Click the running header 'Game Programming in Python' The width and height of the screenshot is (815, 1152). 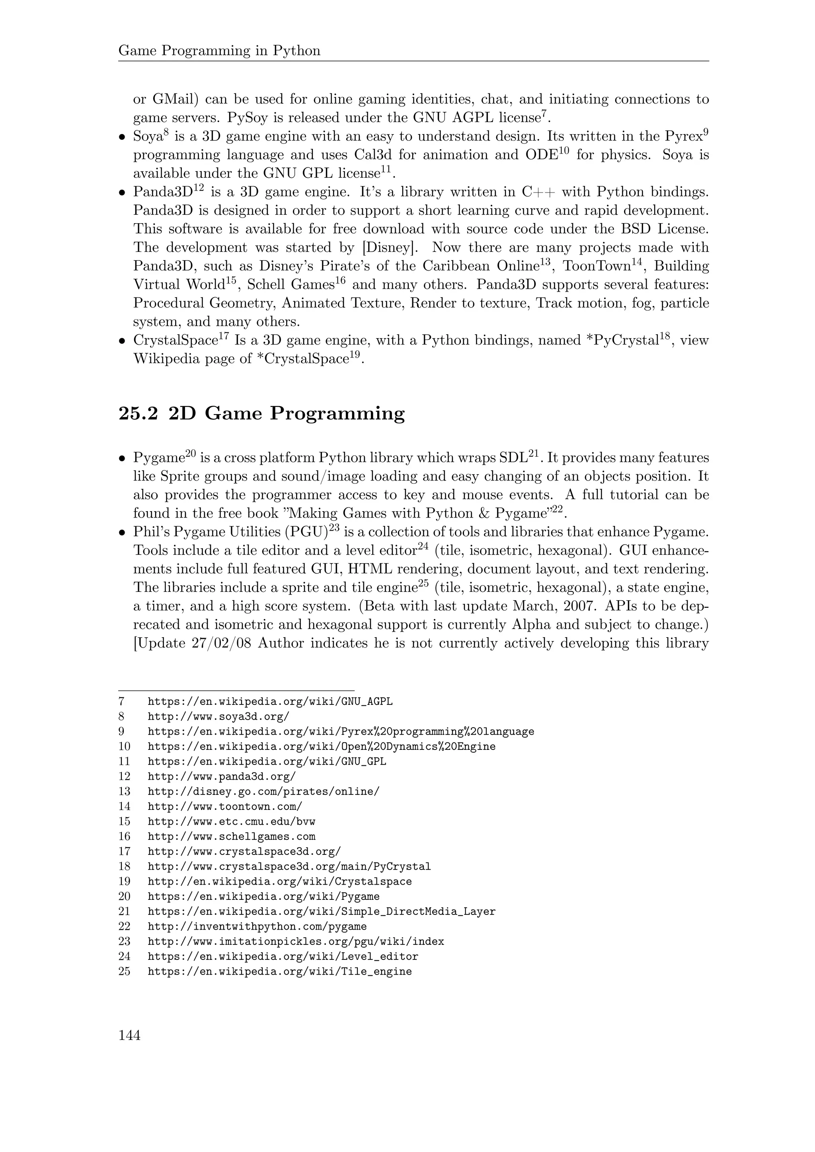pos(219,51)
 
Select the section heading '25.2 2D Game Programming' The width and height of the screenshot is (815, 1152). pos(261,413)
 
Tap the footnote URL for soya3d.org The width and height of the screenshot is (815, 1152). pos(218,716)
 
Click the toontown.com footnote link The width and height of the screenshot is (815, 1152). pos(225,807)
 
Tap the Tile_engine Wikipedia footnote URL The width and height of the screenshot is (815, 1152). pos(279,972)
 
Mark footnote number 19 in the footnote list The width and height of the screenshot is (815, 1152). pos(125,882)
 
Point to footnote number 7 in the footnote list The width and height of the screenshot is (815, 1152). pos(121,701)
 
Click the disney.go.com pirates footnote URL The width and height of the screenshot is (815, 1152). pos(263,792)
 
